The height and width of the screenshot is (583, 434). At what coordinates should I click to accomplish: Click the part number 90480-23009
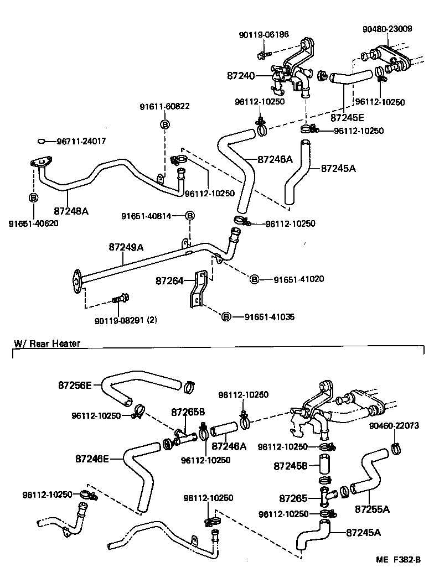pos(387,29)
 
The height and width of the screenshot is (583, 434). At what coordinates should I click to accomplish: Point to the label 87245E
pos(348,117)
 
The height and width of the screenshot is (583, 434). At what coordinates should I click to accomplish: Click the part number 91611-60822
pos(164,106)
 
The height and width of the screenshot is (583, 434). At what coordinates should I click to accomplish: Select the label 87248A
pos(71,210)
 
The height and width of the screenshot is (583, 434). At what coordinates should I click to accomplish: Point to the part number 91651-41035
pos(270,317)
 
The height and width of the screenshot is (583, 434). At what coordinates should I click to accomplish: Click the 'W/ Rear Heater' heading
pos(47,343)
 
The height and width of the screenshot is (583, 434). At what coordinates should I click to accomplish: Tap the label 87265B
pos(188,412)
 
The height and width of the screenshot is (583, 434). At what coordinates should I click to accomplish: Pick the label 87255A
pos(372,509)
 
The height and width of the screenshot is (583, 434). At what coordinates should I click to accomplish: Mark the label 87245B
pos(290,466)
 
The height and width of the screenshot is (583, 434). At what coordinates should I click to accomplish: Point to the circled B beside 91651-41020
pos(254,279)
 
